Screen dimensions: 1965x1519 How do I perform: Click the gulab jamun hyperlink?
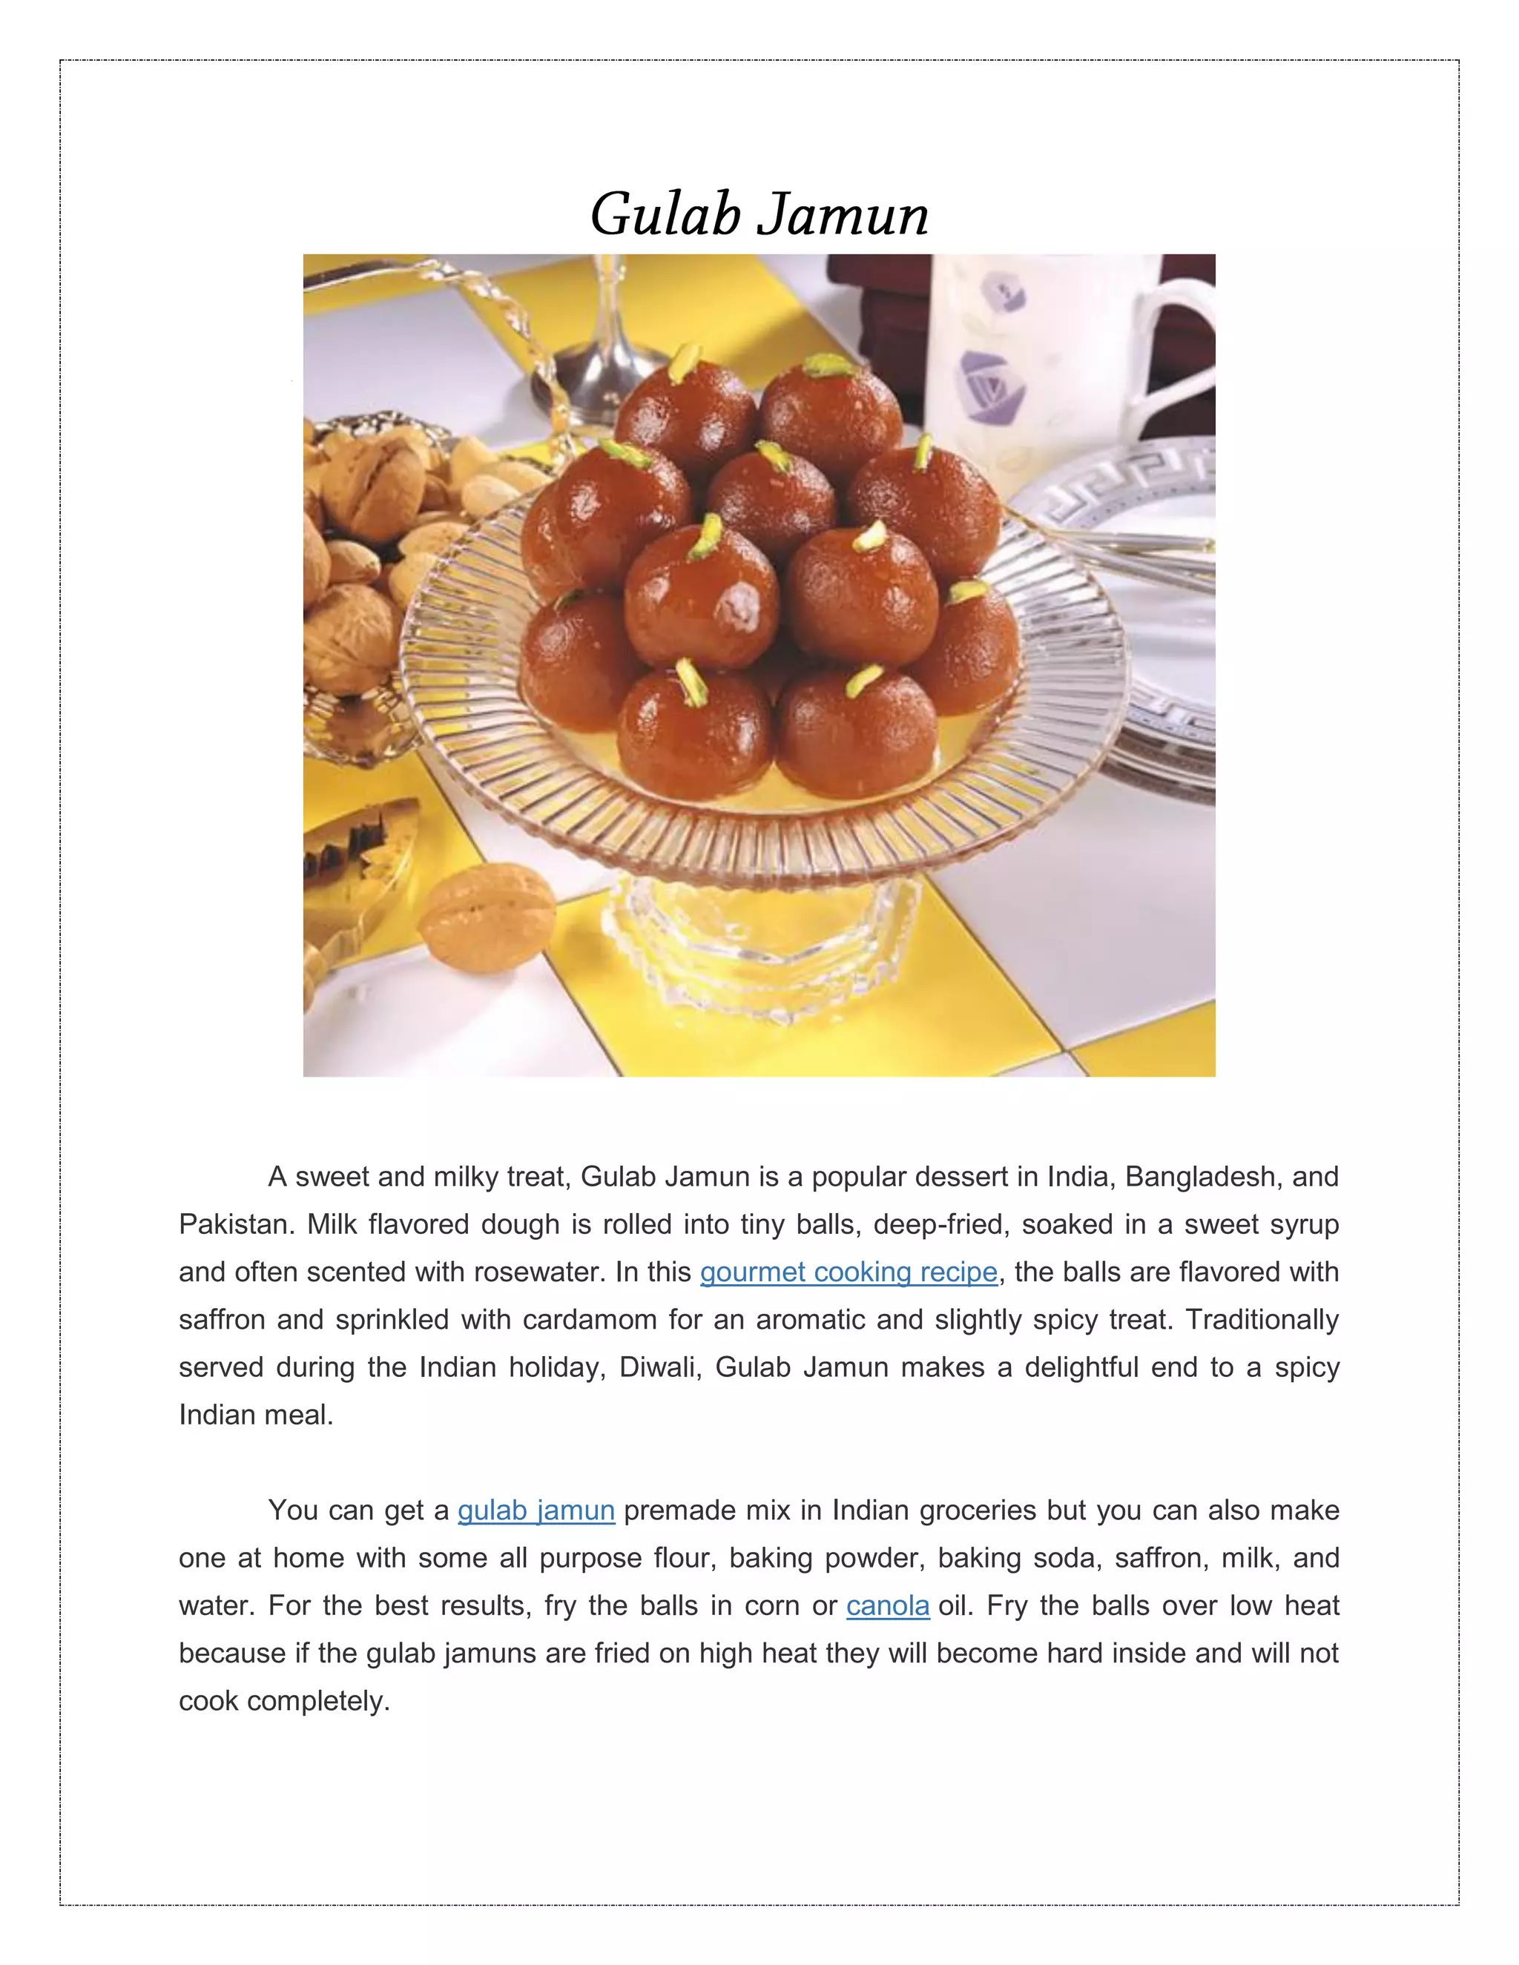tap(536, 1510)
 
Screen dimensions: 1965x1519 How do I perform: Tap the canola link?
tap(887, 1605)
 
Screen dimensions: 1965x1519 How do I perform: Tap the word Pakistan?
tap(234, 1223)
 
